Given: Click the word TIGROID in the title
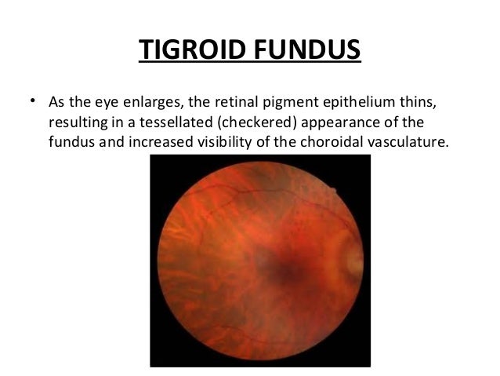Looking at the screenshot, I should (182, 49).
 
